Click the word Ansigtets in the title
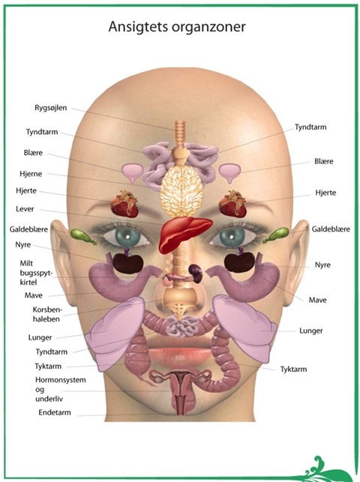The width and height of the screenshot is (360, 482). tap(138, 27)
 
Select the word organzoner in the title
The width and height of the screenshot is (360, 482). tap(208, 28)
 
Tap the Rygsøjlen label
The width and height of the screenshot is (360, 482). tap(50, 108)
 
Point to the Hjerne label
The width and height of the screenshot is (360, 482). tap(31, 174)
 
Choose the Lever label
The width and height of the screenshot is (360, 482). tap(25, 209)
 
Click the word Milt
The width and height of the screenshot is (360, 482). tap(26, 263)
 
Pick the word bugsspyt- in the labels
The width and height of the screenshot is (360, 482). tap(36, 273)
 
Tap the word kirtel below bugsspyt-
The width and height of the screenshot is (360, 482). tap(28, 282)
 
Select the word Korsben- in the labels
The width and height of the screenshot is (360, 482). tap(47, 310)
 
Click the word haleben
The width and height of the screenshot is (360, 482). tap(46, 319)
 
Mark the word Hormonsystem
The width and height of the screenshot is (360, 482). tap(61, 380)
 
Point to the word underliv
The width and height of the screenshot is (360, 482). tap(49, 399)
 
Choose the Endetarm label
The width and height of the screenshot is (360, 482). tap(55, 412)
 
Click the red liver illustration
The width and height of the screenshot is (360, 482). tap(184, 232)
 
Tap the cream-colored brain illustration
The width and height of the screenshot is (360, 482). tap(182, 190)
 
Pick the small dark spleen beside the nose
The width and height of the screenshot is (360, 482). tap(195, 271)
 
